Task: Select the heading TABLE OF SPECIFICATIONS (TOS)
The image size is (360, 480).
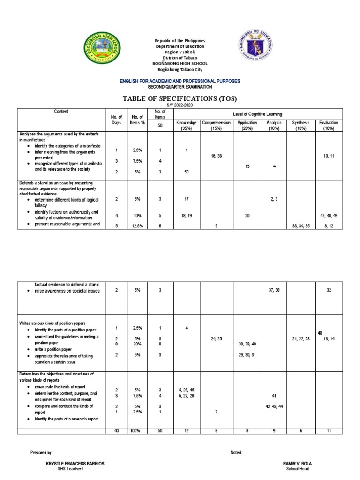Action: [180, 98]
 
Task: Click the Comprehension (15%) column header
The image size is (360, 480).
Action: [216, 125]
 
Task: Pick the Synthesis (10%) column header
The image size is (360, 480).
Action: [301, 125]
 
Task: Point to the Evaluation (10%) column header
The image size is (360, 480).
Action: [329, 125]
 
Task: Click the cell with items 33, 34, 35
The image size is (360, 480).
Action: [301, 226]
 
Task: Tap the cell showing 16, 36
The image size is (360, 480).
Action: [216, 155]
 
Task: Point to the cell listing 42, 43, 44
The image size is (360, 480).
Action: [273, 406]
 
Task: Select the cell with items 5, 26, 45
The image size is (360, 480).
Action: [187, 390]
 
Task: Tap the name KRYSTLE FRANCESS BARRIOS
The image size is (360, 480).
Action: [73, 464]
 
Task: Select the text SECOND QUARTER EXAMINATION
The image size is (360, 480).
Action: [180, 87]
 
